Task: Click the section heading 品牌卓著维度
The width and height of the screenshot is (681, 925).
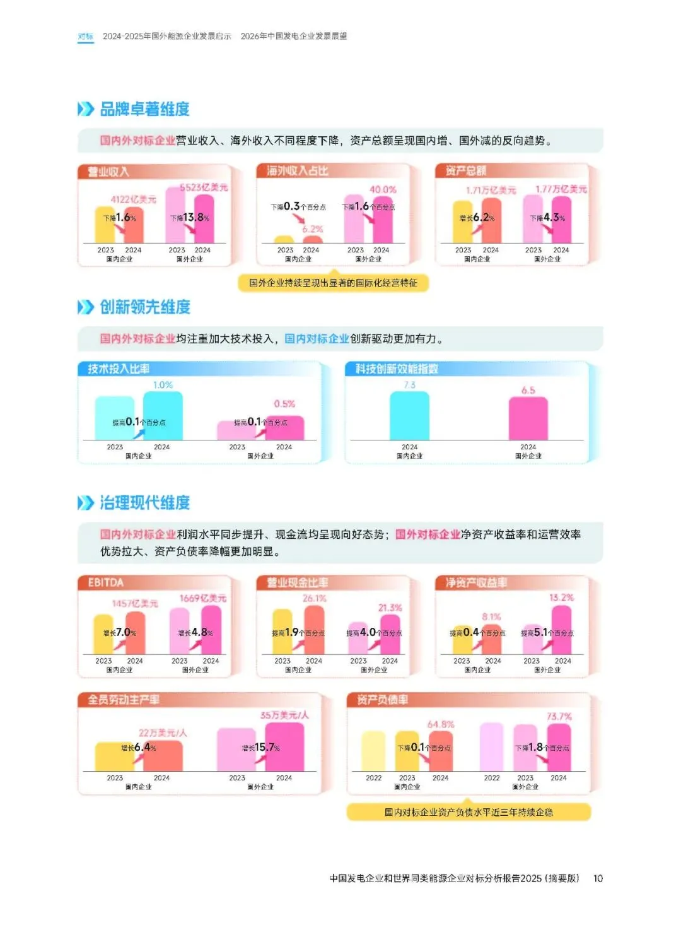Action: pos(144,109)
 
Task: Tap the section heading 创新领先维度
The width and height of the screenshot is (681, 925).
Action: pos(145,307)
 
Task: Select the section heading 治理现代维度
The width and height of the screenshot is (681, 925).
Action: pos(144,503)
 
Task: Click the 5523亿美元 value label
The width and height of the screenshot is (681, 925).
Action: pos(204,187)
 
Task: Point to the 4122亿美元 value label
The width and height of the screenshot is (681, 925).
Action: pos(133,199)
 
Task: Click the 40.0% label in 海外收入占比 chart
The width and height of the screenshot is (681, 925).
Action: pos(383,189)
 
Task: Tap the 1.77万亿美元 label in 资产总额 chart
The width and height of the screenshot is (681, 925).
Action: pos(561,189)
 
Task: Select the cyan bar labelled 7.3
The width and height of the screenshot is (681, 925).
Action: pos(409,416)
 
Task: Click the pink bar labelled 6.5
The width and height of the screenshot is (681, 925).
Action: pos(528,420)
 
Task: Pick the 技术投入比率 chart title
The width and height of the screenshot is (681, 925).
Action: pos(119,369)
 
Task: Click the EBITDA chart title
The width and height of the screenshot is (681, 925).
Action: pos(106,582)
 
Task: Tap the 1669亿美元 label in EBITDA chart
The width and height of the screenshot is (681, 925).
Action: pos(202,598)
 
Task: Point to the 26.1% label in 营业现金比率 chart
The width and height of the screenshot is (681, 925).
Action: pos(314,598)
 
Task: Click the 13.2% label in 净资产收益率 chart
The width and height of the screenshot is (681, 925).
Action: pos(561,598)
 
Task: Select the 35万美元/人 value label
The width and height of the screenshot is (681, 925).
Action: pos(284,716)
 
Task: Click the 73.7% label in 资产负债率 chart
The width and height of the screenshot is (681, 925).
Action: pos(559,717)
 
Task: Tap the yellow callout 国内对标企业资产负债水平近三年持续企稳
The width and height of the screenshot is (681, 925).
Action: pos(469,812)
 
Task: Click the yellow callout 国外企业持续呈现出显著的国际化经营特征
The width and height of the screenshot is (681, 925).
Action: pos(333,283)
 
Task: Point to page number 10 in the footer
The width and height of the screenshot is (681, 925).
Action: pos(598,878)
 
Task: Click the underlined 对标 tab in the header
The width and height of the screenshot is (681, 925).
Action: pos(85,37)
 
